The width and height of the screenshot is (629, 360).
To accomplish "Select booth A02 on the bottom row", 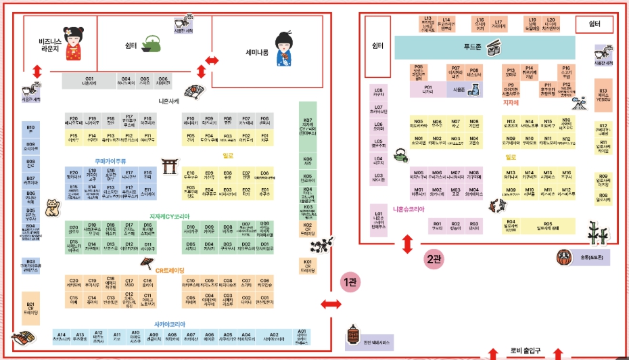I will (273, 336).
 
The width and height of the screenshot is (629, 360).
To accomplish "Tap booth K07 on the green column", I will (308, 125).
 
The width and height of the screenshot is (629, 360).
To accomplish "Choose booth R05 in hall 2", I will (547, 225).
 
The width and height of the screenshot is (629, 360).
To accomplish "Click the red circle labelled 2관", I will (434, 258).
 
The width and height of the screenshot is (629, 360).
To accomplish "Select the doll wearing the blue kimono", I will (283, 49).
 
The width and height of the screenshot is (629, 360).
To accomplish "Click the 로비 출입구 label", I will (522, 351).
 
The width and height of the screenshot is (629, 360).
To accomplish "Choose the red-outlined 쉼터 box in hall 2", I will (595, 24).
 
